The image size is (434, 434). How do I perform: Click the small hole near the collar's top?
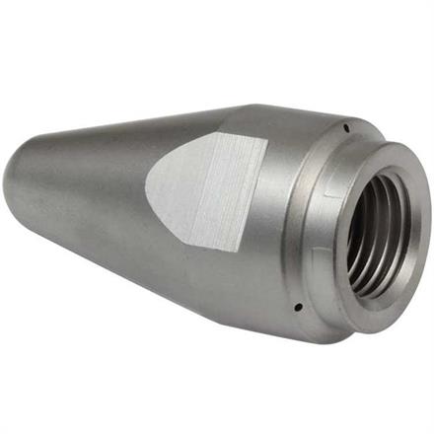pyautogui.click(x=348, y=125)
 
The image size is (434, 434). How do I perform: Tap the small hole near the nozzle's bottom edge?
pyautogui.click(x=297, y=308)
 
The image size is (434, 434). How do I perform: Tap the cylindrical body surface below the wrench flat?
pyautogui.click(x=197, y=286)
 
